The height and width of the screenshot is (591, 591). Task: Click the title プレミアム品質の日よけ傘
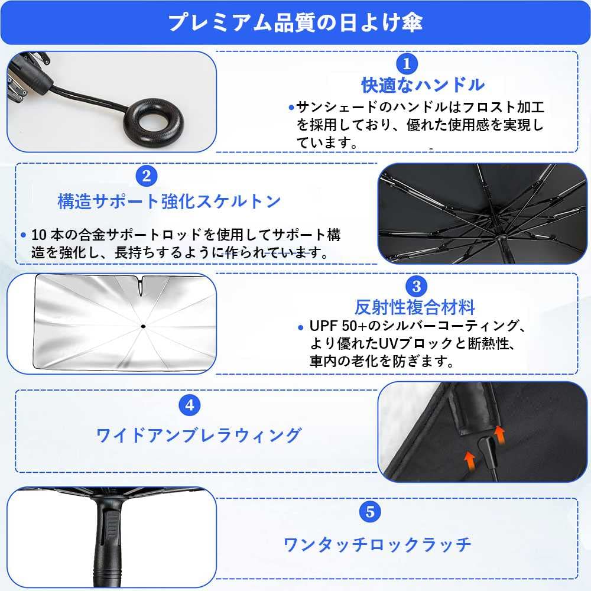(295, 22)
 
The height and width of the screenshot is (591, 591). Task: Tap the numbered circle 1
(407, 63)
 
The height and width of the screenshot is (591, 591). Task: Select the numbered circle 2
(146, 176)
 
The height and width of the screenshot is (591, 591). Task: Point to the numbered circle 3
(416, 287)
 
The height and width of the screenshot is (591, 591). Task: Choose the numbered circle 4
(189, 405)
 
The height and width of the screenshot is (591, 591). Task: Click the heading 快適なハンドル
(423, 85)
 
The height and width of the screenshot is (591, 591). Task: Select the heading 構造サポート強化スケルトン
(169, 201)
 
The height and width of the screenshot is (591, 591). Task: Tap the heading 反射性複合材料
(415, 307)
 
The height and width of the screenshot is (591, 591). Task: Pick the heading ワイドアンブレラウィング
(199, 436)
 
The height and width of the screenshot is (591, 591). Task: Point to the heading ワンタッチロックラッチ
(378, 544)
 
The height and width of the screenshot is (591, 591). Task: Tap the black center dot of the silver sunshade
(144, 326)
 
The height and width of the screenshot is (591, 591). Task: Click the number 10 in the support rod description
(38, 235)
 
